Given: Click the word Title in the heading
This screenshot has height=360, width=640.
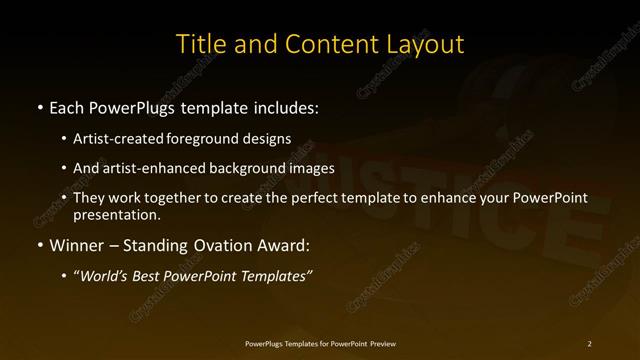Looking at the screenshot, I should coord(200,44).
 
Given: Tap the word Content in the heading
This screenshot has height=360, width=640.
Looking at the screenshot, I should coord(322,44).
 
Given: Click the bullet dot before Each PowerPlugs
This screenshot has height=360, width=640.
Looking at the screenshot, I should coord(38,106).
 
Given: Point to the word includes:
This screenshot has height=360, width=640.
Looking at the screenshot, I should coord(285,106).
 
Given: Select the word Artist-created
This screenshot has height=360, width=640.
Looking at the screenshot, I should coord(124,139).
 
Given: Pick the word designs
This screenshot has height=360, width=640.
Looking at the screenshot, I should coord(268,139).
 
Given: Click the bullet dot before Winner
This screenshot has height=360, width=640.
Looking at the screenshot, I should coord(38,244).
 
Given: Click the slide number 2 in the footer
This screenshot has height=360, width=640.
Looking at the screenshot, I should coord(590,343).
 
